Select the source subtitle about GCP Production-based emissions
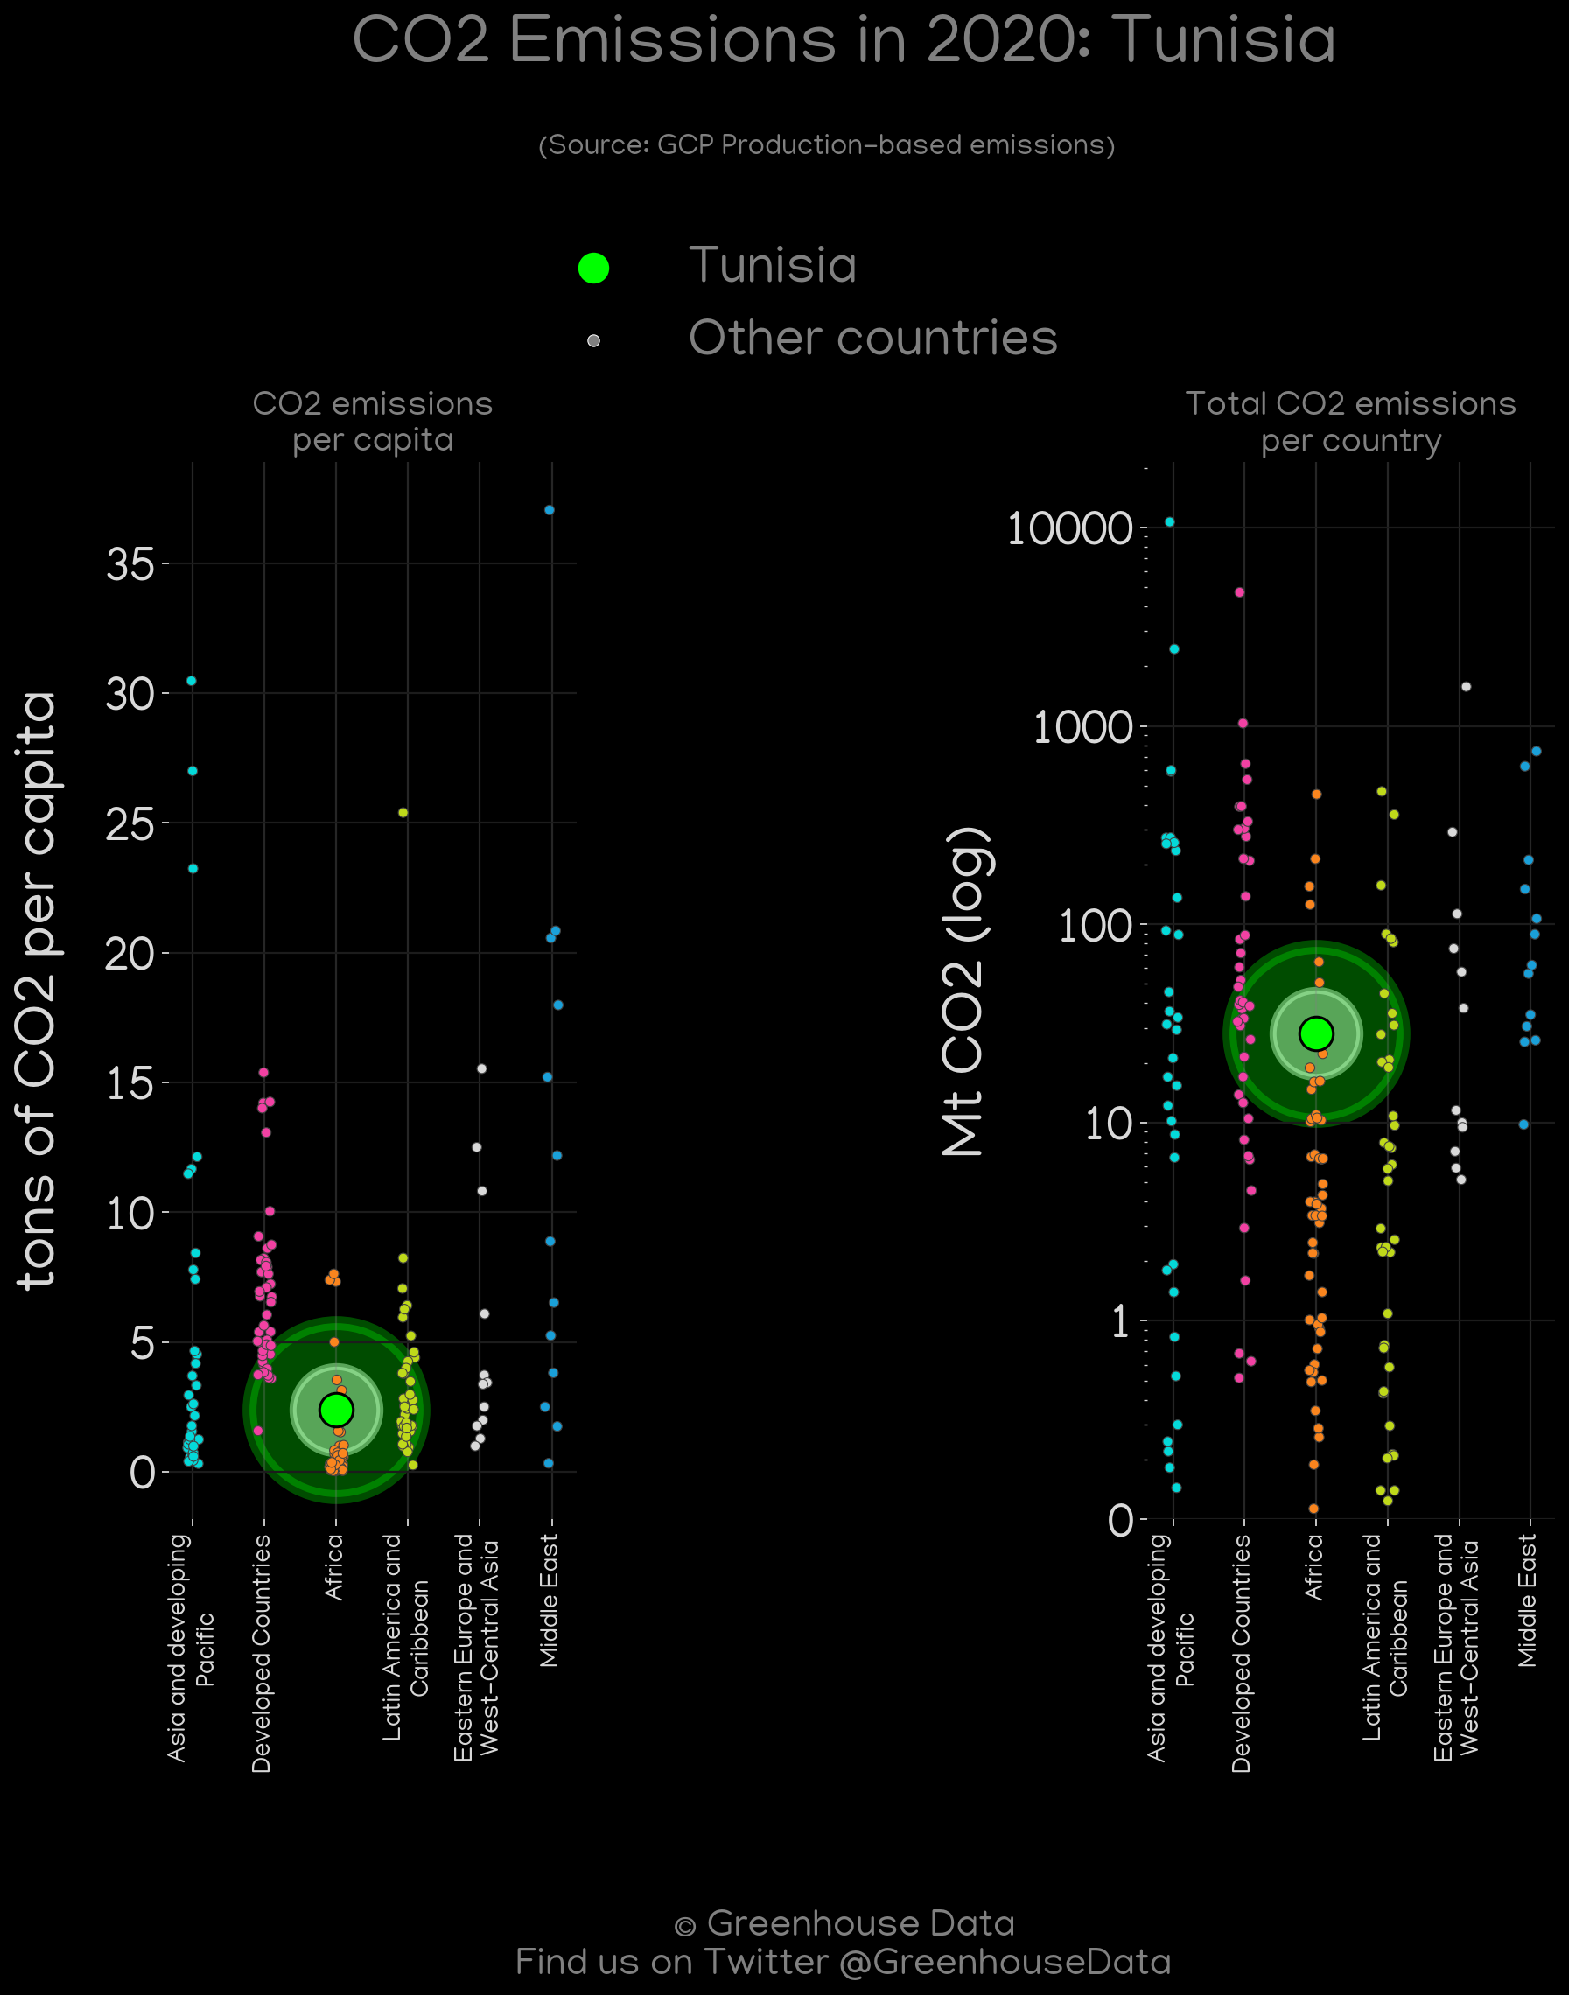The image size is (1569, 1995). (827, 145)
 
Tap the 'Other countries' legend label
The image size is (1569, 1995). (872, 338)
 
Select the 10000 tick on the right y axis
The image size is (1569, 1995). (1069, 528)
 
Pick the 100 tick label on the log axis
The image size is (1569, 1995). (1095, 925)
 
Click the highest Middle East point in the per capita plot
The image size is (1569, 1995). (550, 510)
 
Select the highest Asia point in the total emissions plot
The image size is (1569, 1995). (1169, 521)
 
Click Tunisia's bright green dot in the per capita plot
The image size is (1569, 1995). (336, 1409)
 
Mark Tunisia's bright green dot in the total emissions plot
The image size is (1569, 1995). (1316, 1033)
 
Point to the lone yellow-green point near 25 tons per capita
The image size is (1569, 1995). (403, 812)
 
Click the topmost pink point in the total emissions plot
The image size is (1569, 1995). (1239, 592)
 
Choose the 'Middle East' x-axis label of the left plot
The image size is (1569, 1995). (550, 1600)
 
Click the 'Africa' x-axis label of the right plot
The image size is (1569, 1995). (1314, 1567)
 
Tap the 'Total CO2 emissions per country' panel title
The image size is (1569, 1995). (1350, 422)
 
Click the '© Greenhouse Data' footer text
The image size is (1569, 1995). (844, 1922)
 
